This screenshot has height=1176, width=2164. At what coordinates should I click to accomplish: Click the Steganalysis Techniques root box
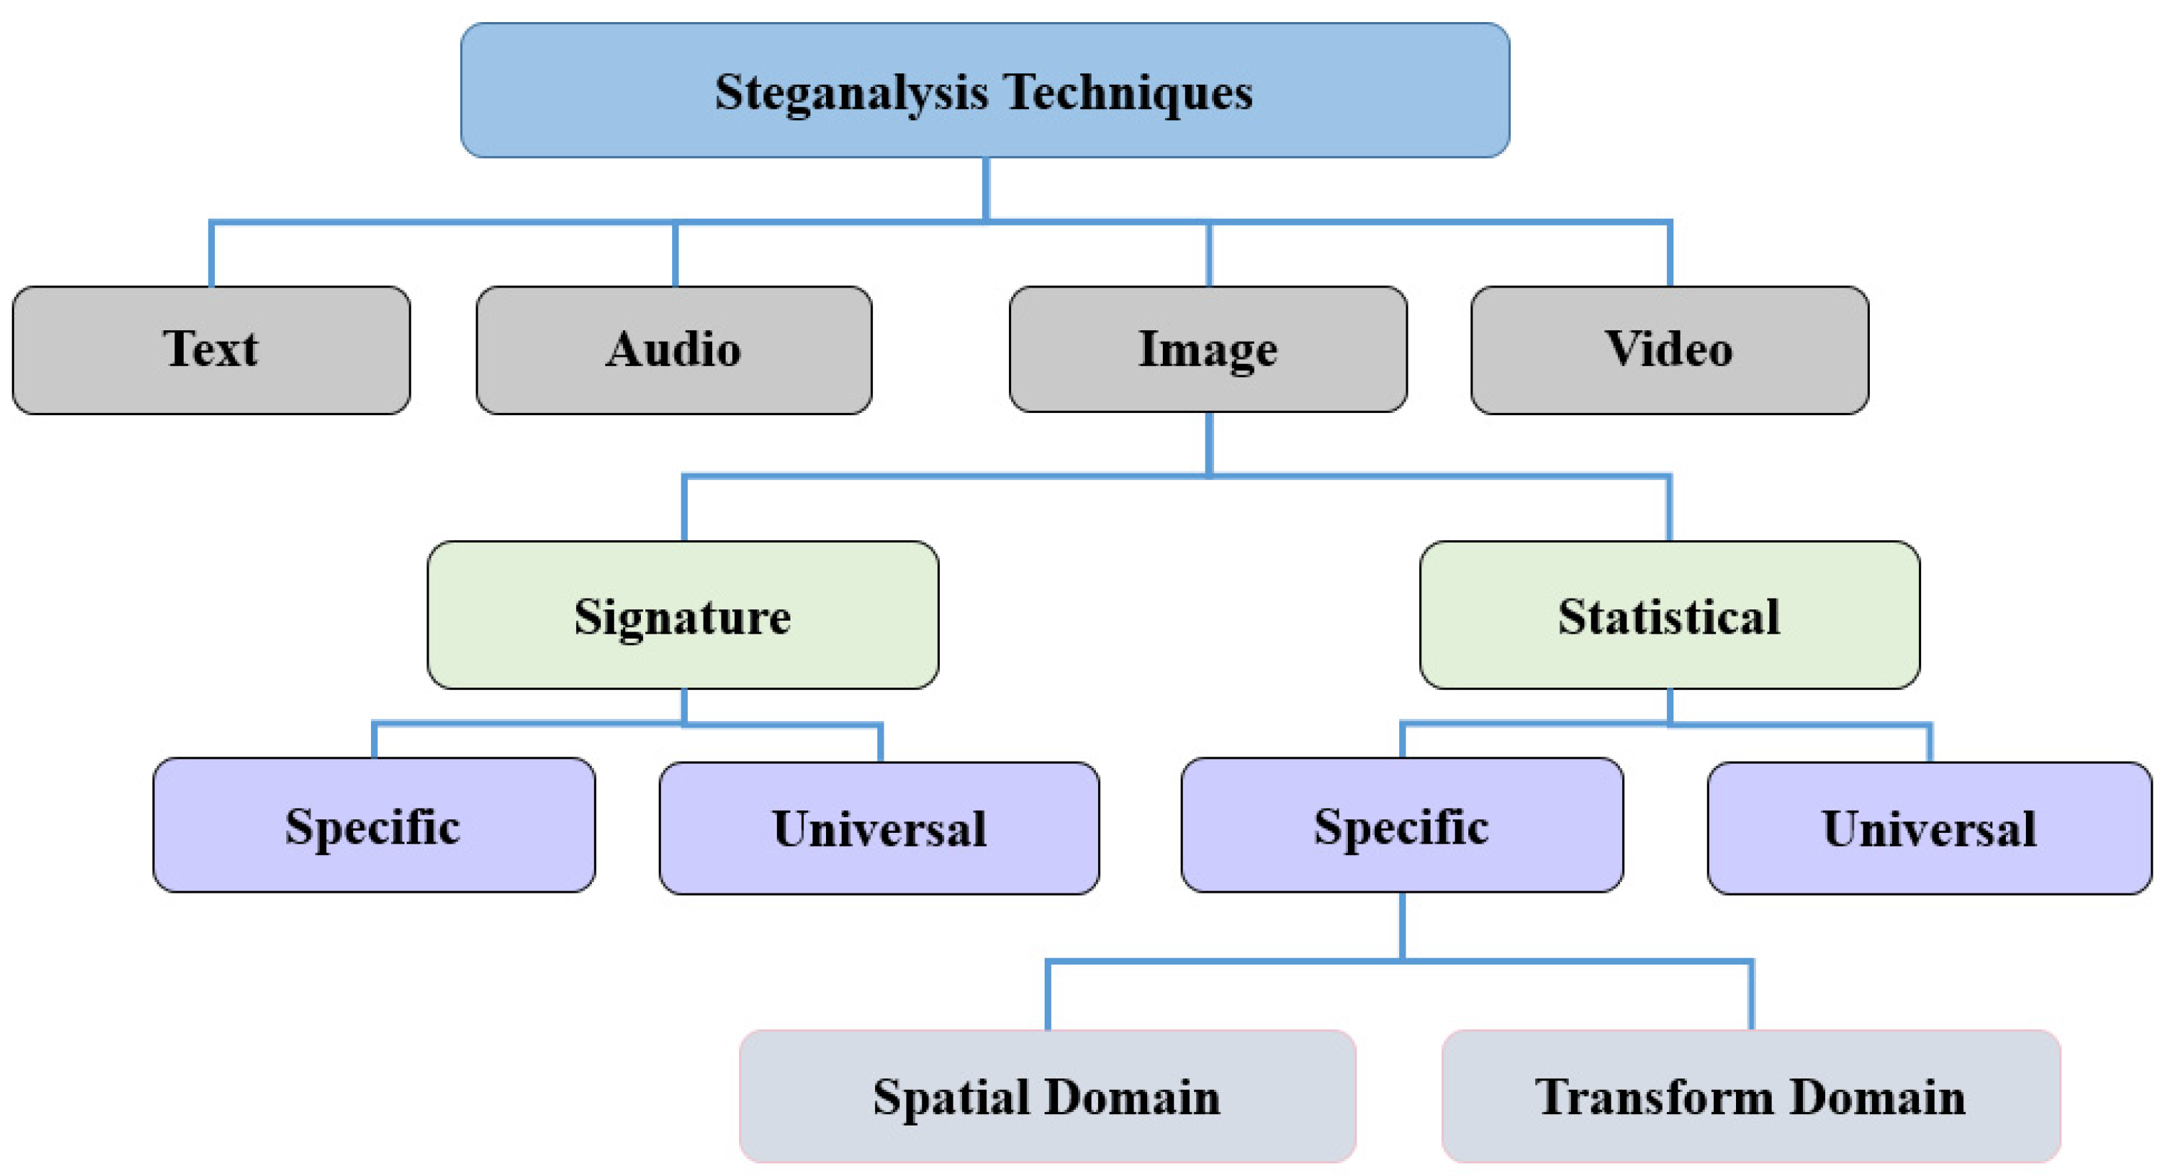tap(985, 90)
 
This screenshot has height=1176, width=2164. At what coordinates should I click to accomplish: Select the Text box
tap(211, 350)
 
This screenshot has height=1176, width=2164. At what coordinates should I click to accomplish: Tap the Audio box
tap(674, 350)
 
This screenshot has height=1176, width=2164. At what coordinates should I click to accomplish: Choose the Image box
tap(1208, 349)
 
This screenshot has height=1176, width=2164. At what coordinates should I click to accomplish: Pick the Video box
tap(1669, 350)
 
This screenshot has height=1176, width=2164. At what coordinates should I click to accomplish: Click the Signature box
tap(683, 615)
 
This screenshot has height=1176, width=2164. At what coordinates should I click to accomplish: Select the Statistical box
tap(1669, 615)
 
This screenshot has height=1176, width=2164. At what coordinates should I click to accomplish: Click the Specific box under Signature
tap(374, 825)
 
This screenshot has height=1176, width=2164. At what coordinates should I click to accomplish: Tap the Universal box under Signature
tap(879, 828)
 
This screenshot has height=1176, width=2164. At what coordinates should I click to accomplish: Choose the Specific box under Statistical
tap(1402, 825)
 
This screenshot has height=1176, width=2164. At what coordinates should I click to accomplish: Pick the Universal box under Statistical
tap(1930, 828)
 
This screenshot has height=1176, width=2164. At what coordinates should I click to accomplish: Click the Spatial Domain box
tap(1047, 1096)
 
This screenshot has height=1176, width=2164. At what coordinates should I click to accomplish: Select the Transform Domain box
tap(1751, 1096)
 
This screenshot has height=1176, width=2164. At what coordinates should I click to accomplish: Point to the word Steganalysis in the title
tap(852, 93)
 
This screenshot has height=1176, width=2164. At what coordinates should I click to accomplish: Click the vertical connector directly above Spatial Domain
tap(1047, 995)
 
